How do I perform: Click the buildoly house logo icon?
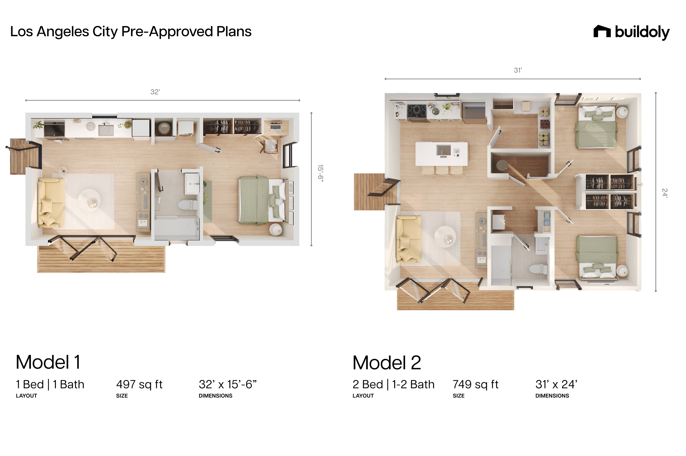pos(602,31)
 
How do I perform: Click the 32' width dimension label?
pos(155,92)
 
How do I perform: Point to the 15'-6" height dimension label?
pos(320,173)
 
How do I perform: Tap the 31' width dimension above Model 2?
pos(518,70)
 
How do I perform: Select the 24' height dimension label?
pos(665,193)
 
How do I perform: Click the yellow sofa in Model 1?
pos(51,202)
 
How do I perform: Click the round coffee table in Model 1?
pos(89,200)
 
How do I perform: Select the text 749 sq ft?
pos(476,384)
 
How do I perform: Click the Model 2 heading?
pos(387,363)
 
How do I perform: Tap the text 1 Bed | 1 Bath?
pos(50,384)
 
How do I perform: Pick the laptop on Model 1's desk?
pos(276,126)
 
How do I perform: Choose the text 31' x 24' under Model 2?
pos(556,384)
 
